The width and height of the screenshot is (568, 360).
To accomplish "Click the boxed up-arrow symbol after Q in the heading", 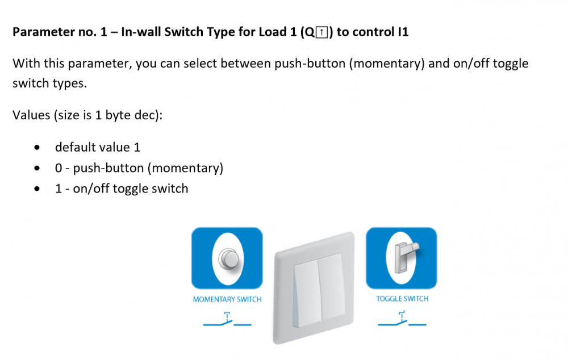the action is click(x=321, y=32).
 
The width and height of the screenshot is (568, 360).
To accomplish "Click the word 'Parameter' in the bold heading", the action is click(x=36, y=32).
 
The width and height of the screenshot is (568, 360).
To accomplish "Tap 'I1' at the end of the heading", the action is click(x=403, y=32).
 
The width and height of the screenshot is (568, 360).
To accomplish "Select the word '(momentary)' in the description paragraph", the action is click(x=386, y=64).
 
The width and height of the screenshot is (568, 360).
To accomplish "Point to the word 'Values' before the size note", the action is click(x=31, y=115).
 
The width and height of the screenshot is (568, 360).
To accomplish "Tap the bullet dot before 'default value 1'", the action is click(x=37, y=148).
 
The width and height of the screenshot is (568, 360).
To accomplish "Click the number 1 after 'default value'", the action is click(x=137, y=148).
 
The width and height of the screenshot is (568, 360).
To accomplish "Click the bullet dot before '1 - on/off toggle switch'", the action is click(x=37, y=189).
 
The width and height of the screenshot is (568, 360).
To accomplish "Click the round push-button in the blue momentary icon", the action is click(x=228, y=259).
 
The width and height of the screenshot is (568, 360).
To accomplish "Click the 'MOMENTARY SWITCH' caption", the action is click(x=227, y=299).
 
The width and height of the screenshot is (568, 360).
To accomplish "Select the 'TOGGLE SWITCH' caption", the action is click(x=402, y=299).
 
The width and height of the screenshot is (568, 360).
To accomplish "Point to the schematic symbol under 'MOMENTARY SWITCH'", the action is click(x=227, y=320).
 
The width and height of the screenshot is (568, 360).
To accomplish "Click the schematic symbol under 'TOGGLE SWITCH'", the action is click(x=402, y=319).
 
